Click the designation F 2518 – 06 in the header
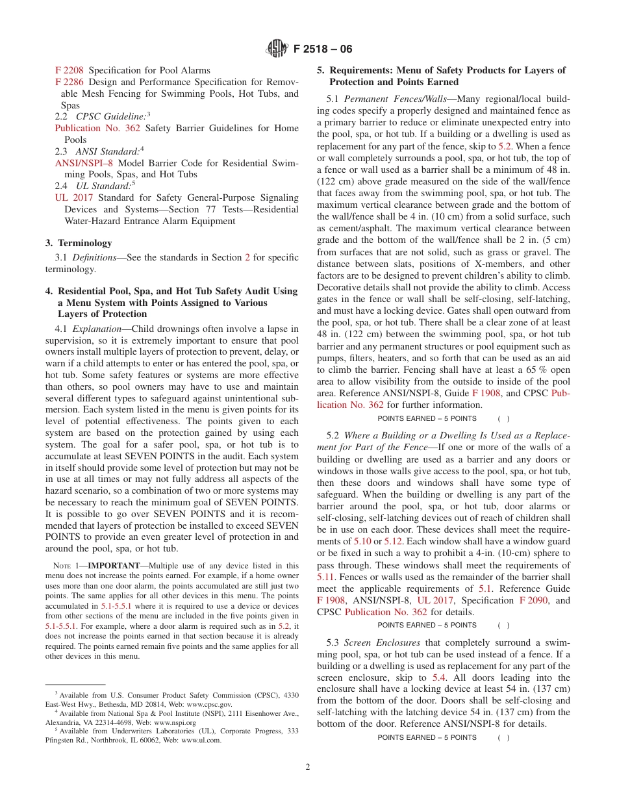pyautogui.click(x=323, y=49)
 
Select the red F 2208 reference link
pyautogui.click(x=69, y=70)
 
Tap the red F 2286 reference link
pyautogui.click(x=69, y=82)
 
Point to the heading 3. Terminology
pyautogui.click(x=79, y=243)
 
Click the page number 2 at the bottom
pyautogui.click(x=308, y=767)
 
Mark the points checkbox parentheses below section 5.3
pyautogui.click(x=503, y=737)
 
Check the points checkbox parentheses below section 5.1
pyautogui.click(x=503, y=418)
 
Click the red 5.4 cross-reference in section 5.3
pyautogui.click(x=439, y=678)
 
